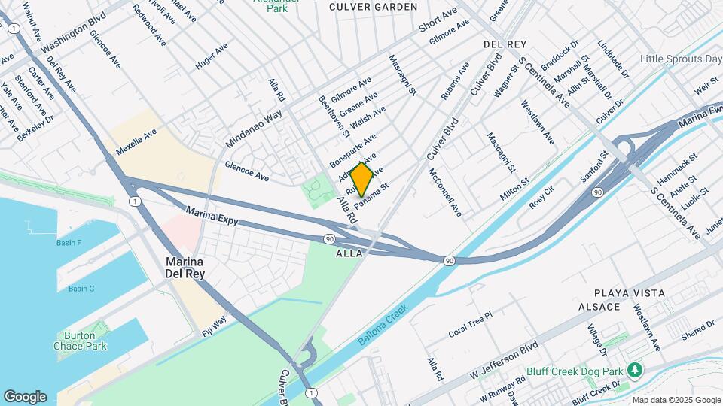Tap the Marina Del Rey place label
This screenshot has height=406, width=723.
(x=185, y=268)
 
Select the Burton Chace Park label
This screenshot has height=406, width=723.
(x=80, y=341)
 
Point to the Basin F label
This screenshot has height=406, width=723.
(x=69, y=243)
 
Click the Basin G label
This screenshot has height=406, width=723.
(x=81, y=289)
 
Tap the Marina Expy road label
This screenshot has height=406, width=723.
(x=212, y=216)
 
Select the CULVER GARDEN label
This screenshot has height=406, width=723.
(x=374, y=7)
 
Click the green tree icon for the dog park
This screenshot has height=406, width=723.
(x=636, y=369)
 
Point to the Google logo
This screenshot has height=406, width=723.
(x=25, y=396)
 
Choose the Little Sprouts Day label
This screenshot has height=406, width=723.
(x=681, y=59)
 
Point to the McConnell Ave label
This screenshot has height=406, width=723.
(x=445, y=192)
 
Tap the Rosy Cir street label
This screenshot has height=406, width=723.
(x=541, y=200)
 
